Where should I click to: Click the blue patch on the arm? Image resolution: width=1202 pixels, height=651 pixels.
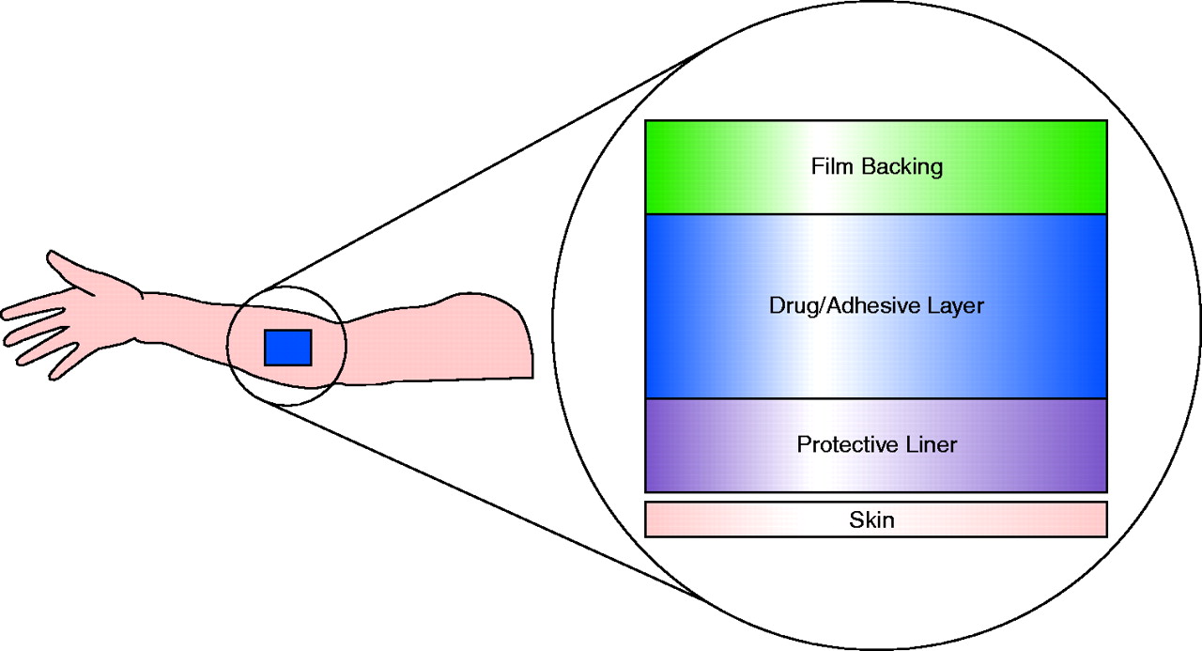tap(287, 347)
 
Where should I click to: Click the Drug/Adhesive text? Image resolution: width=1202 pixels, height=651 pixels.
tap(830, 306)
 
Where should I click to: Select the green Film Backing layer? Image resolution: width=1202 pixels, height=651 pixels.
tap(714, 167)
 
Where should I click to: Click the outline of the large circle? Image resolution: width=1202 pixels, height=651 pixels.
tap(553, 326)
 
